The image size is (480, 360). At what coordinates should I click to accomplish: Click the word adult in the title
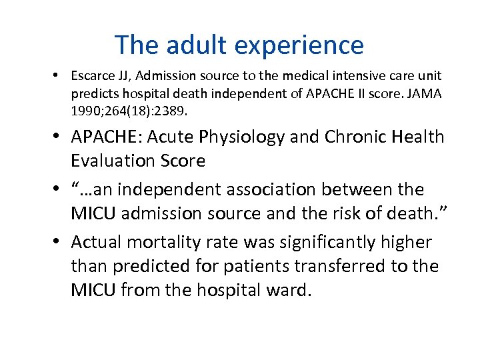coord(187,45)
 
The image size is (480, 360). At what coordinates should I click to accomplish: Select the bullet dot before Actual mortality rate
coord(59,243)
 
